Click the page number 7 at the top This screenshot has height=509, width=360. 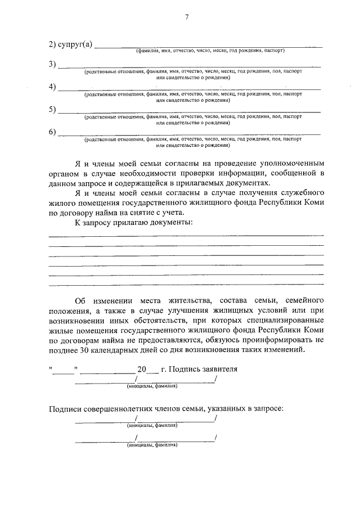[186, 17]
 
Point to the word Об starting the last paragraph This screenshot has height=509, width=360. [80, 300]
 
